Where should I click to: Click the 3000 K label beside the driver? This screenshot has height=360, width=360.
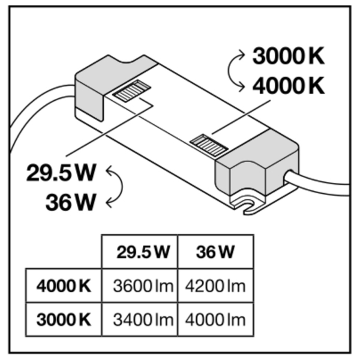(288, 57)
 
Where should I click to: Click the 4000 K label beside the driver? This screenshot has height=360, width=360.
(288, 86)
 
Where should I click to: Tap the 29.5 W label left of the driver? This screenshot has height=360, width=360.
(62, 173)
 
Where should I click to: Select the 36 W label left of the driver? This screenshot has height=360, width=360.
(71, 202)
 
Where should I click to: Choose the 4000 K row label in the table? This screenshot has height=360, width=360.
(64, 286)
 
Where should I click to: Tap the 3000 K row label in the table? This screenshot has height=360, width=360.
(64, 318)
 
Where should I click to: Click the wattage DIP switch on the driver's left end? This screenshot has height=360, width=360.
(131, 92)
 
